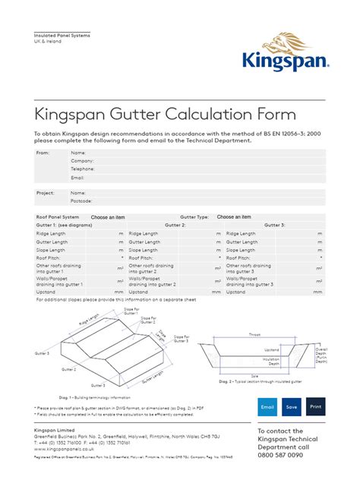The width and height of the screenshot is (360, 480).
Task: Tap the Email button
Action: [267, 406]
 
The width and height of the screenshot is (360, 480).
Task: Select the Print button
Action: [316, 406]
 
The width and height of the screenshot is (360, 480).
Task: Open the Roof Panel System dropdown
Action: [107, 216]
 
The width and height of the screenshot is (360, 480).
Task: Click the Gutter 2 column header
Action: [175, 225]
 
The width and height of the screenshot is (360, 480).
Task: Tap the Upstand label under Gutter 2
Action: [138, 292]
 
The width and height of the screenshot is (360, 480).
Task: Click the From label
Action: [43, 153]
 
